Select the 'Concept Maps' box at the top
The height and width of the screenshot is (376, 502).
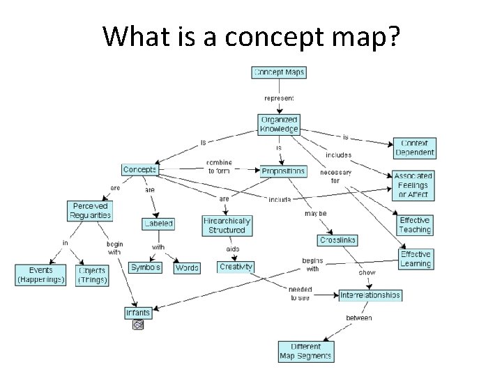[x=279, y=72]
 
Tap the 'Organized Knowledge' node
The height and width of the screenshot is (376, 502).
[x=278, y=124]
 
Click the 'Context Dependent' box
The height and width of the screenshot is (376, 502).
[x=414, y=147]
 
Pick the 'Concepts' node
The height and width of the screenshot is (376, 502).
[x=139, y=169]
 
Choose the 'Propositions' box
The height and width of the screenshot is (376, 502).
[x=283, y=171]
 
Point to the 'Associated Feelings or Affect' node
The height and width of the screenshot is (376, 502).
[x=413, y=185]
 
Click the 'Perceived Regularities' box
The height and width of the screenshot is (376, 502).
[x=91, y=210]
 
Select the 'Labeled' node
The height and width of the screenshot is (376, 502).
[x=158, y=224]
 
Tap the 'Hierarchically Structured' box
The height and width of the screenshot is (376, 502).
[x=227, y=225]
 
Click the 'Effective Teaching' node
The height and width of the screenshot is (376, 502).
[x=415, y=225]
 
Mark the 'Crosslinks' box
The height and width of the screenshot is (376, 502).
[x=337, y=240]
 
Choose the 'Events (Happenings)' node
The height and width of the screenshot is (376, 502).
[x=41, y=274]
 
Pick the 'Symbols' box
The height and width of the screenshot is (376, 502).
[x=146, y=267]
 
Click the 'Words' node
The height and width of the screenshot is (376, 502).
[x=186, y=267]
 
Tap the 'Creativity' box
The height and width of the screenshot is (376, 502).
[x=236, y=267]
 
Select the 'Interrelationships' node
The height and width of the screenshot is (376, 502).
[x=370, y=295]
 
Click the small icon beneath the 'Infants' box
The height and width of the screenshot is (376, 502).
[x=137, y=324]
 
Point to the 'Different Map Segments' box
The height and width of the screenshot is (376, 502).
[x=306, y=351]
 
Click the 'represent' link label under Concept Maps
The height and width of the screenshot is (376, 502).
[x=279, y=98]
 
